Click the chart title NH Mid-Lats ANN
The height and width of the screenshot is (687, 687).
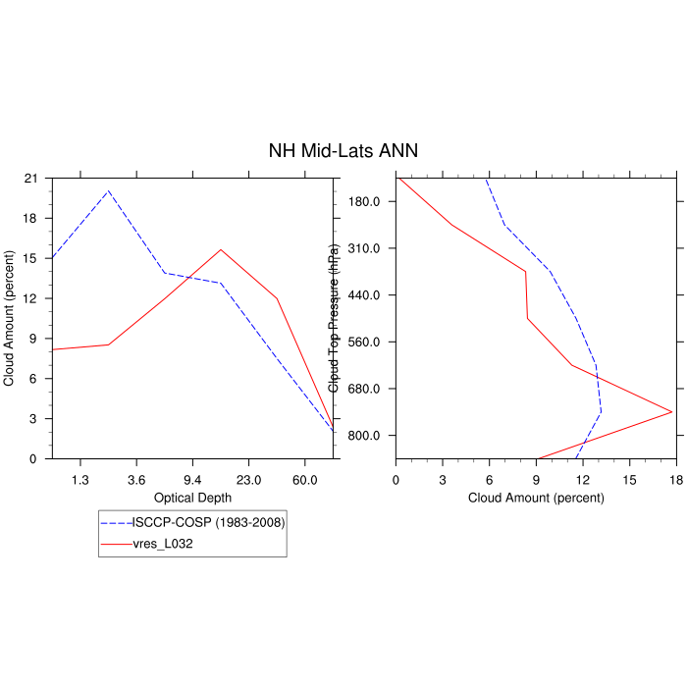point(343,151)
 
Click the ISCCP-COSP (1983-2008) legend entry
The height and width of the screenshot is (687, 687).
point(209,522)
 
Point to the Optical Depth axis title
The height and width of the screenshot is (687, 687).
point(192,498)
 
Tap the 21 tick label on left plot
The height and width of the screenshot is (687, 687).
point(30,179)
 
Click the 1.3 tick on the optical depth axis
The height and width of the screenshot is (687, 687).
point(79,480)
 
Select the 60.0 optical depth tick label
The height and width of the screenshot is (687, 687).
point(305,480)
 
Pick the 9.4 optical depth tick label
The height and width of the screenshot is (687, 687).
point(192,480)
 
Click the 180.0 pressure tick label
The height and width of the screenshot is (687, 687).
point(364,202)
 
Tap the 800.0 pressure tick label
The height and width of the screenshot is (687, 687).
point(364,436)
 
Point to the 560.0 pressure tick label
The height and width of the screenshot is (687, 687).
point(364,343)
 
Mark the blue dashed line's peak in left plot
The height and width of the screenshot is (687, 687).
point(108,190)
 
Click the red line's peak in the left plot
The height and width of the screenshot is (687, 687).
point(221,249)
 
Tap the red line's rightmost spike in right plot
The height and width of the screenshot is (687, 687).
point(672,412)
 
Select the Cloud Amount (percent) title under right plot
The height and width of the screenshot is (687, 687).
point(536,498)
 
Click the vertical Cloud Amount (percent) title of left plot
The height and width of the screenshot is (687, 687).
point(10,318)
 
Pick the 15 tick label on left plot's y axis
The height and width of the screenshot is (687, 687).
point(30,258)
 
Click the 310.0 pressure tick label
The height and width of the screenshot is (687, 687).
point(364,248)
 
